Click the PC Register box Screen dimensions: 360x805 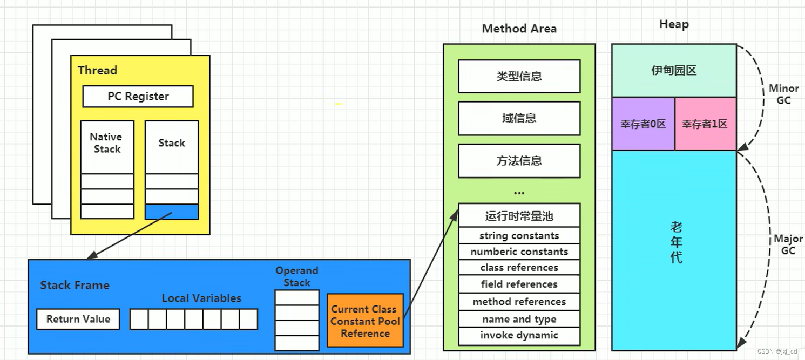138,97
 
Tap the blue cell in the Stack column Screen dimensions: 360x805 172,212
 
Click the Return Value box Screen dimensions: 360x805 78,319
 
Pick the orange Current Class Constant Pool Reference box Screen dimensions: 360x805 365,321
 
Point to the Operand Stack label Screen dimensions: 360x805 296,276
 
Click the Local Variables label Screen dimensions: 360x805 201,298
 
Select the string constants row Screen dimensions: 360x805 519,236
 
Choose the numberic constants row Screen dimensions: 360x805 519,252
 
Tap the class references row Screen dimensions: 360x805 519,268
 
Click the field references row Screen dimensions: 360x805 519,284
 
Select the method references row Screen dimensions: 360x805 519,302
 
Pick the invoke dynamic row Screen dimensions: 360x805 519,335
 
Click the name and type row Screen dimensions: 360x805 519,319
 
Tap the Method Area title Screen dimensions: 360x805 519,29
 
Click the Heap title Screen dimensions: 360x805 674,24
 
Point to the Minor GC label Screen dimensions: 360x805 783,94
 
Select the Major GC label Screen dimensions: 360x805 788,244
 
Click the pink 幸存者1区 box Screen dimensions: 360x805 705,124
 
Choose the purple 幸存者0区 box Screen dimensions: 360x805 643,124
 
